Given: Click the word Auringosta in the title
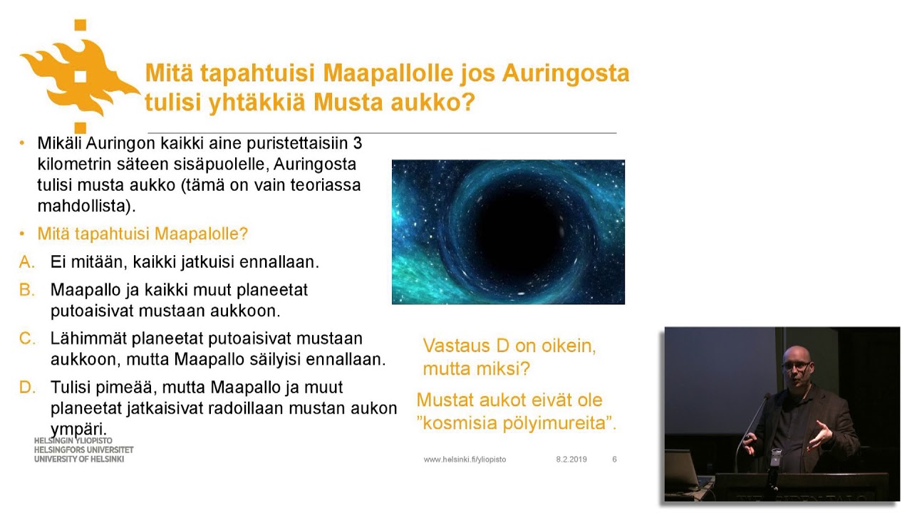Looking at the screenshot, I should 566,73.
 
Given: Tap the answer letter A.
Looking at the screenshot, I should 27,262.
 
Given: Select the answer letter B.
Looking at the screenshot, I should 27,290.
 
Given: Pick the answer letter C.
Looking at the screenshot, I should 27,338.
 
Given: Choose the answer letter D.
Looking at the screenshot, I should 27,388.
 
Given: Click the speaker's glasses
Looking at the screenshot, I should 796,366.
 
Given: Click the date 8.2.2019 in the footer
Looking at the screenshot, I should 571,460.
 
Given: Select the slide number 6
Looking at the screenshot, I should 614,460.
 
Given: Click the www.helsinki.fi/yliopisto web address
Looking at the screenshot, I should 465,460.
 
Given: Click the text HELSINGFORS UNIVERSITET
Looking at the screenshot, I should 83,450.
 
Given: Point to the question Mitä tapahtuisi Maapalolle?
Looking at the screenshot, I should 142,234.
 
